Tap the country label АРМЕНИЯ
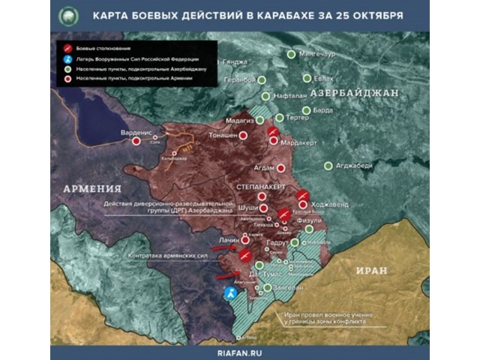click(x=93, y=187)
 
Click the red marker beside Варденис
click(x=136, y=140)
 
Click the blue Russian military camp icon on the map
click(x=231, y=295)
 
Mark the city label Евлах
click(x=324, y=78)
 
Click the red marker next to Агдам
click(x=280, y=168)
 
